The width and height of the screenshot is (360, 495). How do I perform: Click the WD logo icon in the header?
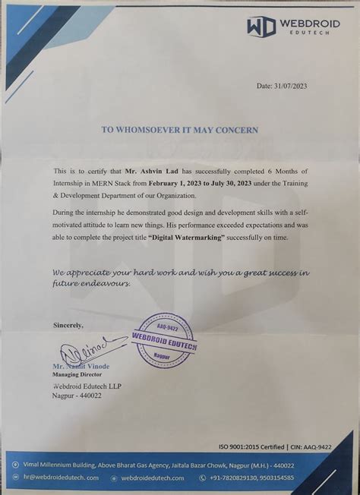[x=262, y=25]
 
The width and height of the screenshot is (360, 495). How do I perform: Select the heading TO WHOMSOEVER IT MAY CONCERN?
[x=180, y=130]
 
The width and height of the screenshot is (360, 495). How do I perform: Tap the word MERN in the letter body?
[x=96, y=184]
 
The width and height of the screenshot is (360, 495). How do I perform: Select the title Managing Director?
[x=79, y=375]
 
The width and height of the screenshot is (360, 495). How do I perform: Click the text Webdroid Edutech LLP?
[x=87, y=386]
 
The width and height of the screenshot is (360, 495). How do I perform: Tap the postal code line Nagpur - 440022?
[x=77, y=396]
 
